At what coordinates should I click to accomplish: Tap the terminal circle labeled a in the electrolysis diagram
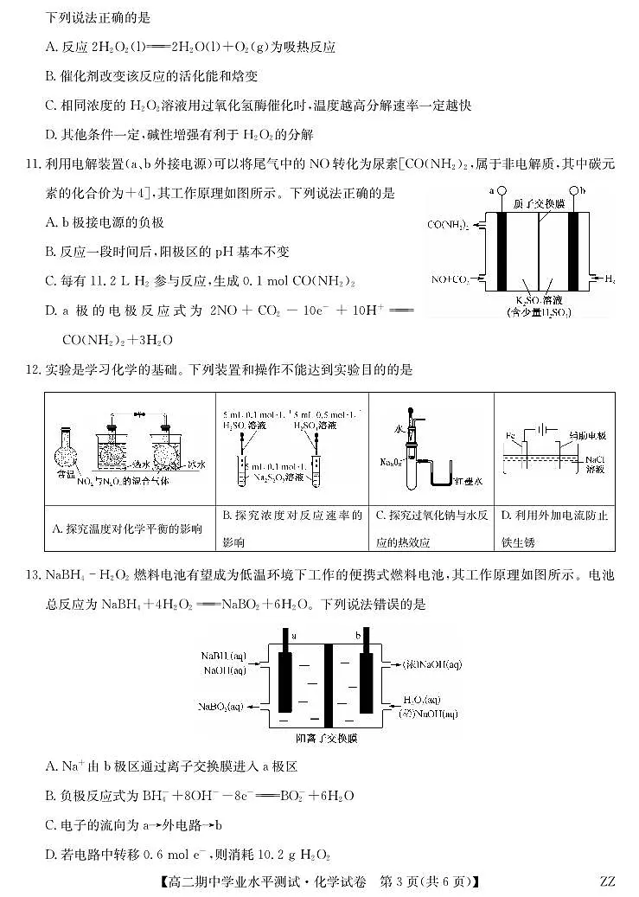pyautogui.click(x=502, y=191)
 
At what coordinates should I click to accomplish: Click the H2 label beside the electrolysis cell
pyautogui.click(x=610, y=279)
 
